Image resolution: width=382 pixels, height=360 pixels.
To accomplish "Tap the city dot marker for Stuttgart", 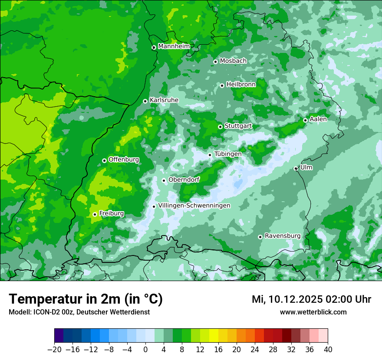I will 220,127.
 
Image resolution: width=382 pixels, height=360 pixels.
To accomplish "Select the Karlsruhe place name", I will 164,100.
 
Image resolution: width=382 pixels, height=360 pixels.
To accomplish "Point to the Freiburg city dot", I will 95,214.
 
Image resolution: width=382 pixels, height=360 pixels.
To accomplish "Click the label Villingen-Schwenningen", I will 194,206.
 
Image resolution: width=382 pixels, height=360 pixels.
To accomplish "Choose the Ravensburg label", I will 282,236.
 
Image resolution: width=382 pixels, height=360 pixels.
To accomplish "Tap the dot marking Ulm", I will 296,168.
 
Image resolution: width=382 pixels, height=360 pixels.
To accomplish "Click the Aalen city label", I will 318,119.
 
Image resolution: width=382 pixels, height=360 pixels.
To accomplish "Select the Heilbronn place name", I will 241,85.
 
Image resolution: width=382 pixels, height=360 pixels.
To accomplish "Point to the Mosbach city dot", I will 215,62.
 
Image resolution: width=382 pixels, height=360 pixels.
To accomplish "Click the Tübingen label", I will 228,154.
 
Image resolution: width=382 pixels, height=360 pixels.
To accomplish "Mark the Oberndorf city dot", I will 164,180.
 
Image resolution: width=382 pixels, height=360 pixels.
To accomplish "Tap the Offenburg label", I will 124,160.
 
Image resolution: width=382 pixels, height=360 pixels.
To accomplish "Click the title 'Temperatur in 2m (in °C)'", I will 86,299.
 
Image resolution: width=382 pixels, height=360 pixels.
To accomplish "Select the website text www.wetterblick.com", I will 313,312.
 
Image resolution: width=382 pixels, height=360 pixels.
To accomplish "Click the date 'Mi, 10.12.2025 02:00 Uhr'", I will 311,299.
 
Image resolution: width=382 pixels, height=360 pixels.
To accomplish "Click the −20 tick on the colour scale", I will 54,350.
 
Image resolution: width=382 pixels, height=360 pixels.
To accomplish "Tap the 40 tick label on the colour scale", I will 328,350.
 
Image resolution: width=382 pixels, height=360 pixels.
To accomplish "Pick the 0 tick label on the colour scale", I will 145,350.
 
